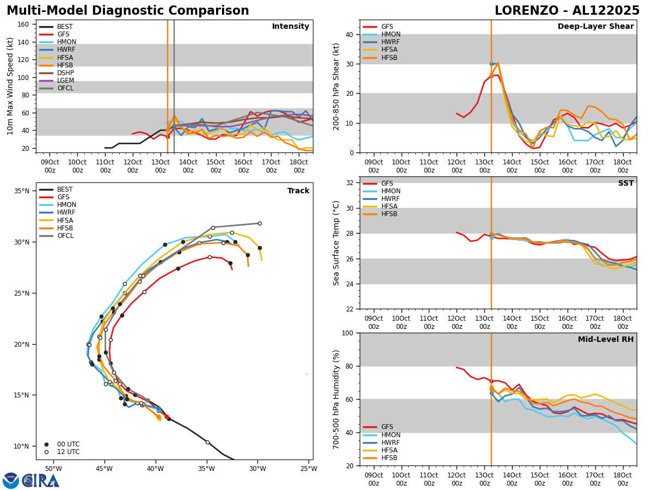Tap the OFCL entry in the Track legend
point(65,236)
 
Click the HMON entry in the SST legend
point(391,191)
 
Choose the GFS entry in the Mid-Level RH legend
point(387,427)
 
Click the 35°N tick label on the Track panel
point(22,191)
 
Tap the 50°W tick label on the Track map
point(53,469)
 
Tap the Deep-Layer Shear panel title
point(595,27)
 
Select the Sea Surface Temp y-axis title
point(337,243)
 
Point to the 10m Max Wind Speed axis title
point(10,86)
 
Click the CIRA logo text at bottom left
point(40,481)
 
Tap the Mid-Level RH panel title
point(605,340)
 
